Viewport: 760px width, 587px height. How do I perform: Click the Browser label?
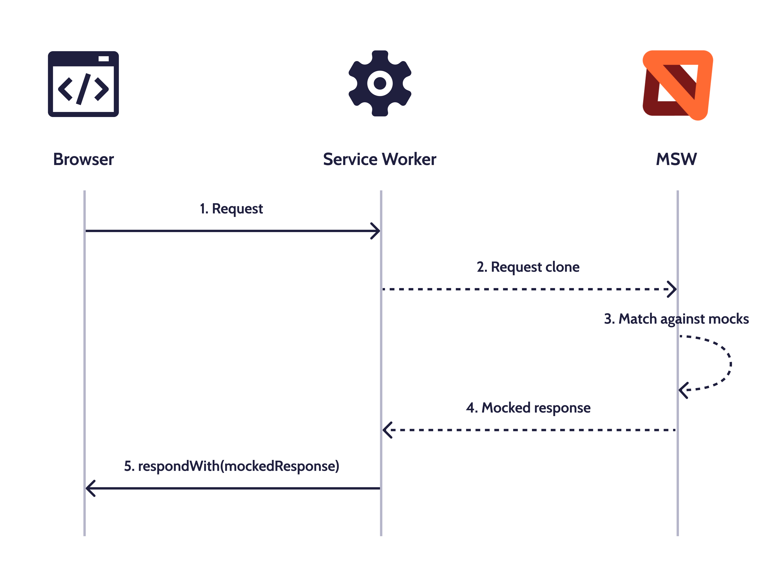tap(84, 159)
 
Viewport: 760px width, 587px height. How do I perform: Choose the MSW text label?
tap(676, 159)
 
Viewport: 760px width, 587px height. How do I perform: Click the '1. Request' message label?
tap(231, 209)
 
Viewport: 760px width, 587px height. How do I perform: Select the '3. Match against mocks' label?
tap(676, 319)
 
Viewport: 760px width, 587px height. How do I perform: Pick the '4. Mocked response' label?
tap(528, 408)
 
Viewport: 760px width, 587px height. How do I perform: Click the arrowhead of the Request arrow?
tap(376, 231)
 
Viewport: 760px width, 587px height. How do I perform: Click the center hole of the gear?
tap(380, 84)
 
